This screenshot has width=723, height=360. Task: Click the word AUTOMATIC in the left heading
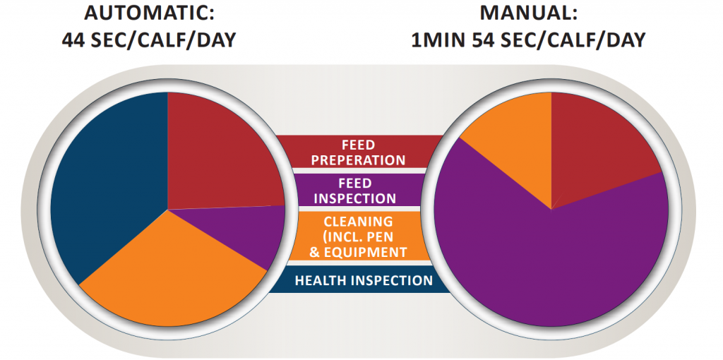point(143,13)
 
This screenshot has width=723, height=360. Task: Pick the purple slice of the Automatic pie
point(251,233)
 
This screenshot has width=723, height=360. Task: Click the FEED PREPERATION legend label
point(358,152)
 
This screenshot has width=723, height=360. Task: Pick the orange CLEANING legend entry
point(358,236)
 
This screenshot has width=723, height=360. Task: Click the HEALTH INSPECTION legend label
point(363,281)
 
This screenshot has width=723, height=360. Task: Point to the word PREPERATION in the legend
point(358,160)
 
